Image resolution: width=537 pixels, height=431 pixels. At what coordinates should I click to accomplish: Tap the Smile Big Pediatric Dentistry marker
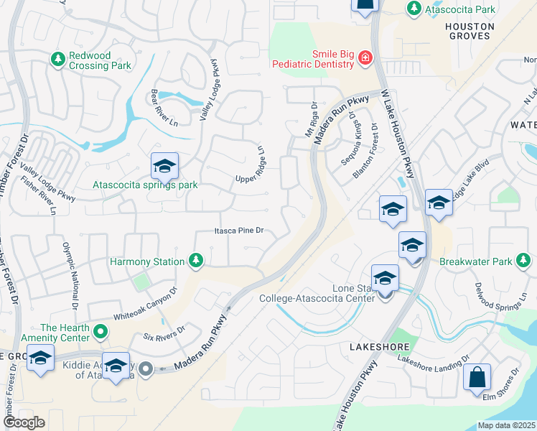[365, 57]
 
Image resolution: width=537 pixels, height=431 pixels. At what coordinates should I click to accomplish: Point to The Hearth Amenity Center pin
[101, 332]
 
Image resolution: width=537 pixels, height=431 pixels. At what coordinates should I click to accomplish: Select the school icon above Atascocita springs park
[164, 167]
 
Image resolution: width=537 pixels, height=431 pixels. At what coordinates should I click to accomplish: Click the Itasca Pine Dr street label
[240, 231]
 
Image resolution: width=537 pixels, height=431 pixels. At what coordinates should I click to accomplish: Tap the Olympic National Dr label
[70, 269]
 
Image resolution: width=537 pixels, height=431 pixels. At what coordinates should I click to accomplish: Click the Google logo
[24, 422]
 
